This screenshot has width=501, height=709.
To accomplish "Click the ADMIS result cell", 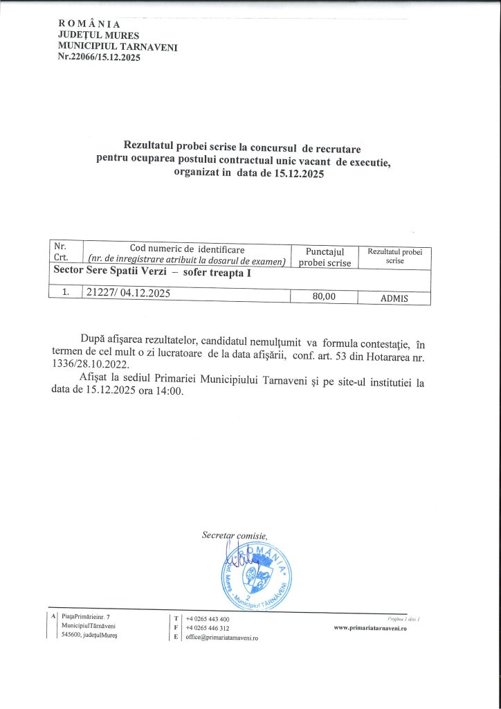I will click(x=394, y=298).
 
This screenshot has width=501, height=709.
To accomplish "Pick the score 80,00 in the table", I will click(x=323, y=296).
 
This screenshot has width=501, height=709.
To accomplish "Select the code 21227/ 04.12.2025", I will click(x=128, y=293).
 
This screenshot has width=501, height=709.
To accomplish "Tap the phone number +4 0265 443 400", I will click(x=208, y=618).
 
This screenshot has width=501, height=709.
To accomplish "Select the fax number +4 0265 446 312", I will click(x=208, y=627).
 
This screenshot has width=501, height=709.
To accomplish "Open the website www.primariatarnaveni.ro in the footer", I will click(x=370, y=627).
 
